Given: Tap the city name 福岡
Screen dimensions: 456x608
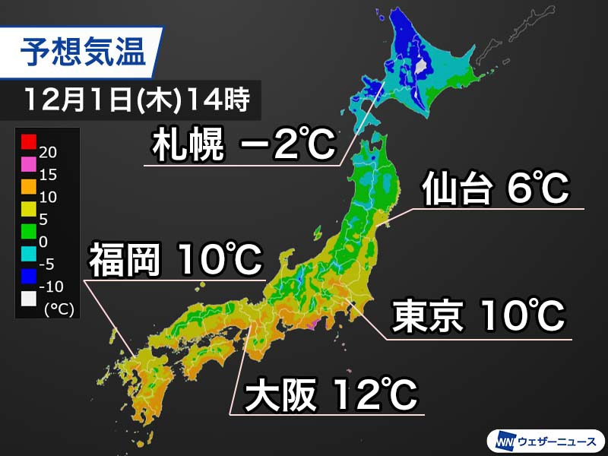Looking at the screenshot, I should pos(126,261).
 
